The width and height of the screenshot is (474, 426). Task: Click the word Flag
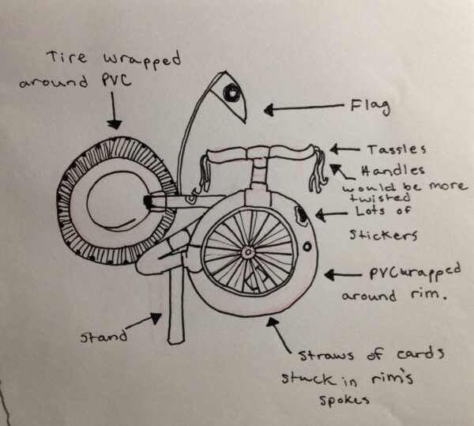point(369,104)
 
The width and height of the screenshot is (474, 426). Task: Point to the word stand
point(103,336)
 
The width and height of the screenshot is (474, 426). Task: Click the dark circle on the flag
point(231,93)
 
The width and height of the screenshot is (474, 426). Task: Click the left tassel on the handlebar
point(207,172)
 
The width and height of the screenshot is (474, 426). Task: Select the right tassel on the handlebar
point(319,172)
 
